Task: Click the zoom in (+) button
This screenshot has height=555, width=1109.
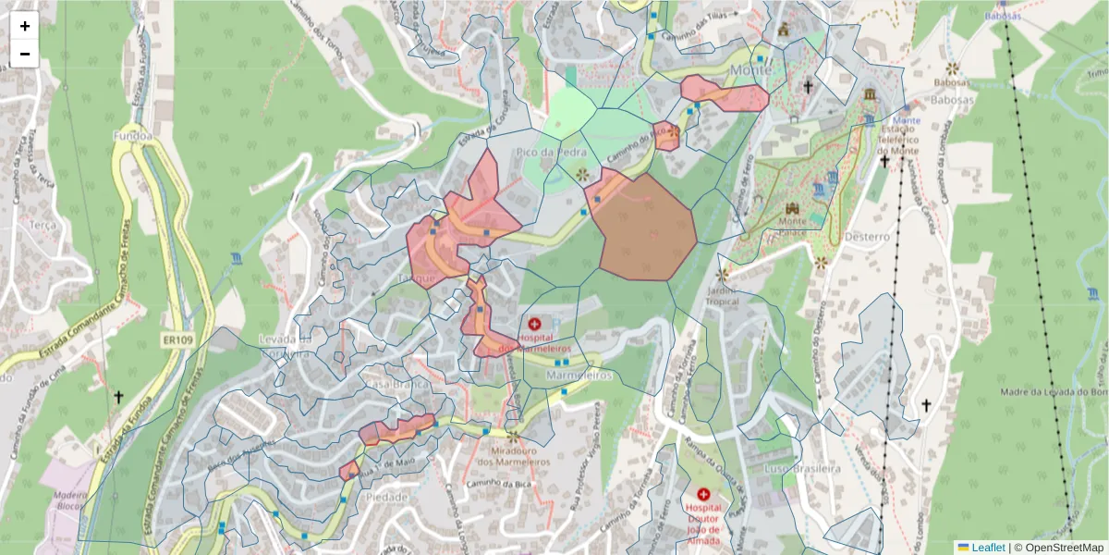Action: point(25,26)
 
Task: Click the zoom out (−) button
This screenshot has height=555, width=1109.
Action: point(25,54)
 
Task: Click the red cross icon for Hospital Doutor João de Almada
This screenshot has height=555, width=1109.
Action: point(704,495)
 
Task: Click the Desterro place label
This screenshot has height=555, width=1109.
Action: point(866,237)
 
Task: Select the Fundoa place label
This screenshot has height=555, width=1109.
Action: point(131,136)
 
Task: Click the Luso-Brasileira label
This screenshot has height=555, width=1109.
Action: point(803,469)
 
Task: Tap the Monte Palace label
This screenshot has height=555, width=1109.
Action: point(792,227)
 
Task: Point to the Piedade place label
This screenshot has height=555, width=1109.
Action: point(387,497)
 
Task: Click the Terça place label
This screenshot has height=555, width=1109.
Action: point(44,224)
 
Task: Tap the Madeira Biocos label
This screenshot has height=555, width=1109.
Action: point(71,500)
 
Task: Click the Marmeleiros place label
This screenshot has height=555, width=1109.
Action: point(579,376)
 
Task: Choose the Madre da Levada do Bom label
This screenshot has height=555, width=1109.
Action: point(1054,392)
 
